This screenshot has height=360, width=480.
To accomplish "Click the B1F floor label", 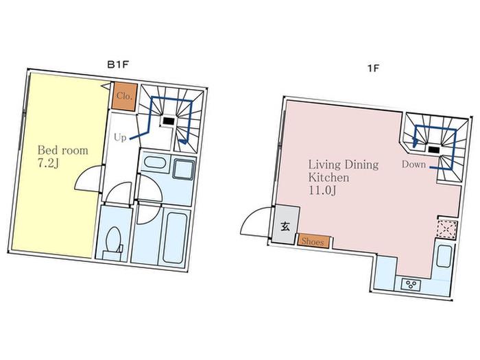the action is [x=117, y=65].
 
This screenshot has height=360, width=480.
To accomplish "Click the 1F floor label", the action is [x=373, y=68].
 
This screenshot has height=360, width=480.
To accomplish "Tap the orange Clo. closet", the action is [x=124, y=97].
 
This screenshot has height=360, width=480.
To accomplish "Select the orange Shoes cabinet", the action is [x=314, y=241].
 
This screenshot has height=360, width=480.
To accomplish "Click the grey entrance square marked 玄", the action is [x=285, y=225].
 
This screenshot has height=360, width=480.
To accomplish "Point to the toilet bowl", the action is [x=113, y=241].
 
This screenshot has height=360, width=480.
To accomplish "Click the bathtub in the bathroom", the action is [x=174, y=238].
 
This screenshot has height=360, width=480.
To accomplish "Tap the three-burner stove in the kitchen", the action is [x=411, y=285].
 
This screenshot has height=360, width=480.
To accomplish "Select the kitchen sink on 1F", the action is [x=444, y=256].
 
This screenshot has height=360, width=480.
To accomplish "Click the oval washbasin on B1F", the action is [x=155, y=162].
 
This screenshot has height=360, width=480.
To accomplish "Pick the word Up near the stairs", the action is [x=120, y=137].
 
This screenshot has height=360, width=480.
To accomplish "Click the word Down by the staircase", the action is [x=413, y=165].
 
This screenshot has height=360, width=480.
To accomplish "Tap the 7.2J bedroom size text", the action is [x=48, y=164].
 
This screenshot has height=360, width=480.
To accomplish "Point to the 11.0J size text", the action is [x=322, y=191].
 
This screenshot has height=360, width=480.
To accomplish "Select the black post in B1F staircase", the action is [x=169, y=121].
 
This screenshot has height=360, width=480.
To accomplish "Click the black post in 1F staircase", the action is [x=434, y=149].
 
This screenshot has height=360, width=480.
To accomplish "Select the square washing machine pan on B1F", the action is [x=184, y=169].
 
